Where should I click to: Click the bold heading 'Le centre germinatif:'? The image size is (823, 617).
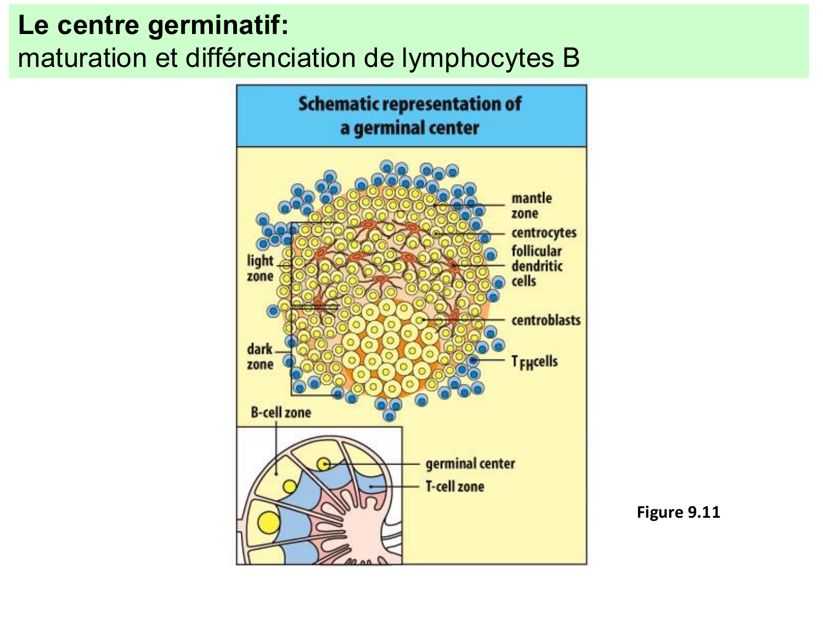pos(153,26)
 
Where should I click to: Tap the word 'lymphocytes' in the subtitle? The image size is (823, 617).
pos(476,58)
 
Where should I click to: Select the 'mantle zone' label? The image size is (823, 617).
pos(531,205)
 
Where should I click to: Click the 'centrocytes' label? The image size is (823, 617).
pos(544,233)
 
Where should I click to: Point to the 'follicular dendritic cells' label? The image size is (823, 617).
pos(537,266)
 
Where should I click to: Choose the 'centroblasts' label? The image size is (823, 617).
pos(545,320)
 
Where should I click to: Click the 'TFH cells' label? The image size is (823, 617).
pos(534,361)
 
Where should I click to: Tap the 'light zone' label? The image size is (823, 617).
pos(260,267)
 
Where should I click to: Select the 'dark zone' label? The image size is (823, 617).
pos(260,356)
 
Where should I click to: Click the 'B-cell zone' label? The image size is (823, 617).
pos(280,412)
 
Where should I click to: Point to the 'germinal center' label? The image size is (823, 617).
pos(470,463)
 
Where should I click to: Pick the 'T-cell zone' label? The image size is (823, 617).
pos(455,486)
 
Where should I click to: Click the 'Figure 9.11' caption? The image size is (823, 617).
pos(678,512)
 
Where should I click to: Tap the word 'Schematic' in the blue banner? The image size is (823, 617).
pos(338,104)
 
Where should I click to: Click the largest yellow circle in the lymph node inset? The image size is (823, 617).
pos(269,522)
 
